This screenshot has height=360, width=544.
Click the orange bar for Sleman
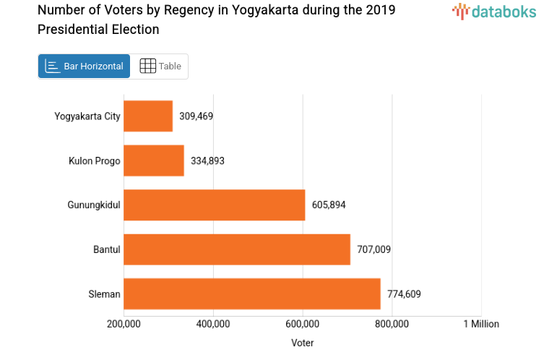point(252,293)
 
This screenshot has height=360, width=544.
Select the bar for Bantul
point(237,249)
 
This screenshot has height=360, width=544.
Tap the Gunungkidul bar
point(215,205)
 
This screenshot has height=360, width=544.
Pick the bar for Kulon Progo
point(154,160)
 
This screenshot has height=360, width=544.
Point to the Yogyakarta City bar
point(148,116)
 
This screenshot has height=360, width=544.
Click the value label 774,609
point(404,293)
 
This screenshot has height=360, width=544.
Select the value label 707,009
point(374,249)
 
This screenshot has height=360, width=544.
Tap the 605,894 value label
point(329,205)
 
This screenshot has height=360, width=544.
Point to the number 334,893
point(207,160)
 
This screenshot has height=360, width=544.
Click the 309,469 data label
point(197,116)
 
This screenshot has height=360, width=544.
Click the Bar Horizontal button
point(84,66)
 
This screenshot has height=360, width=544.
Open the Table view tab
point(160,66)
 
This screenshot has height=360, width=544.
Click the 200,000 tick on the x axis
point(124,324)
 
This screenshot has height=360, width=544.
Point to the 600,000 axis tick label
point(303,324)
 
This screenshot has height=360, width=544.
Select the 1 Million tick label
point(480,324)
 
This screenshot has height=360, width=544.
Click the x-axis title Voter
point(303,343)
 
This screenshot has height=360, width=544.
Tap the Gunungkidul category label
point(94,205)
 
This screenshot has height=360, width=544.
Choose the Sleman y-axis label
point(104,293)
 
